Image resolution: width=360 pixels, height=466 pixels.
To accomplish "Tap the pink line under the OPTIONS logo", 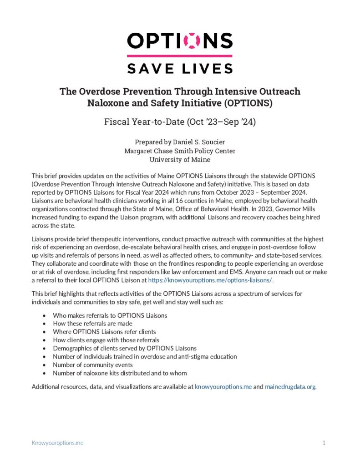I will [180, 56].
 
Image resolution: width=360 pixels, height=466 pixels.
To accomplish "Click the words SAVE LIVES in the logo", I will [180, 68].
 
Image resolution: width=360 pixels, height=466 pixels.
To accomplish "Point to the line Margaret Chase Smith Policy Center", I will [180, 151].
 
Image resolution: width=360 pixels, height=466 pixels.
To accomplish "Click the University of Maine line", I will [180, 159].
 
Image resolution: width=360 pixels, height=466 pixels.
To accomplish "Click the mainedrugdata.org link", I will [290, 387].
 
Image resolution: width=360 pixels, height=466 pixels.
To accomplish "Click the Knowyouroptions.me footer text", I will [57, 442].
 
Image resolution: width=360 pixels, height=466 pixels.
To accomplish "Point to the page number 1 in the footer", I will [324, 442].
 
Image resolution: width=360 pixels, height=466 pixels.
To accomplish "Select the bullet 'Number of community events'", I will [92, 365].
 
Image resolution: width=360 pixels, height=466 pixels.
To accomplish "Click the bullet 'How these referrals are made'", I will [92, 324].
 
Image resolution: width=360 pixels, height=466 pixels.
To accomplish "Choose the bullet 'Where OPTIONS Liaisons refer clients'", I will [104, 332].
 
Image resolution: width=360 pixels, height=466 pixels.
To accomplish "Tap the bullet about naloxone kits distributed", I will [120, 373].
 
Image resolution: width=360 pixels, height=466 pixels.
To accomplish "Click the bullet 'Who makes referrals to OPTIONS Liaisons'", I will [110, 315].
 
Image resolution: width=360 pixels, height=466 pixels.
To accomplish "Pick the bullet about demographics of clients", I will [125, 348].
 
